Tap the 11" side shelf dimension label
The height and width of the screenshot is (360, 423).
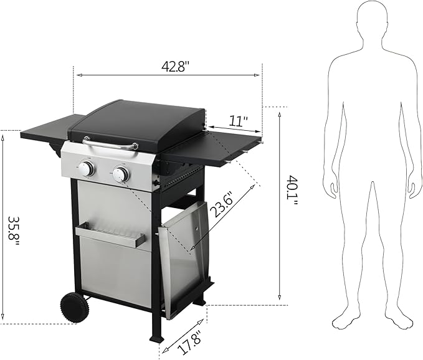[237, 119]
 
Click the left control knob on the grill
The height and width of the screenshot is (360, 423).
[87, 169]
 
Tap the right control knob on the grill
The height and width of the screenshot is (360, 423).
[120, 174]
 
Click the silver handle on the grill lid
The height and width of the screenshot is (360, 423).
[112, 145]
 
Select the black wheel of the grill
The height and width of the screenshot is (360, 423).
[74, 307]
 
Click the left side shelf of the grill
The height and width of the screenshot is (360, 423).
[47, 128]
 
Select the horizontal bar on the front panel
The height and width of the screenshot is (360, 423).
[110, 237]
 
